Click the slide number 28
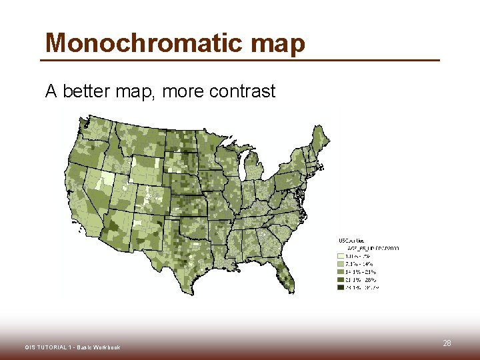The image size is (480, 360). point(447,343)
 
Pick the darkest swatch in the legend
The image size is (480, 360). point(341,288)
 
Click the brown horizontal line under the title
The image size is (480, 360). point(240,61)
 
